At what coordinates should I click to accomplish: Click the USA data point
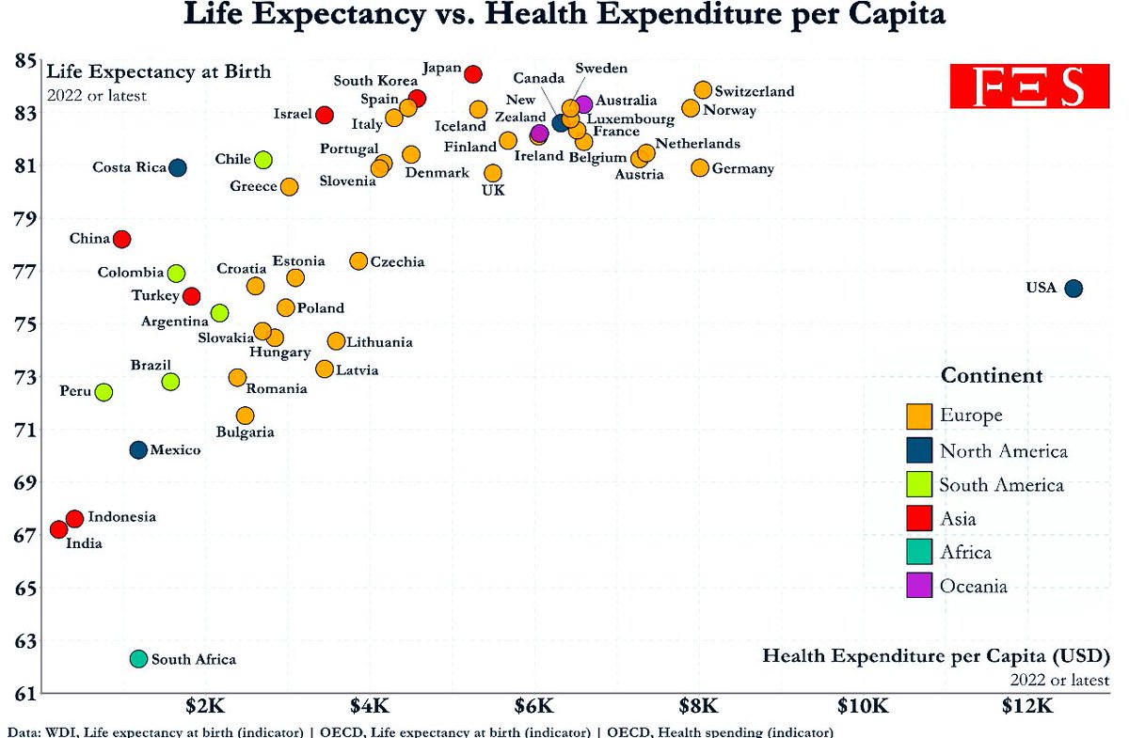coord(1073,288)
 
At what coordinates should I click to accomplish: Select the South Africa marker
coord(138,659)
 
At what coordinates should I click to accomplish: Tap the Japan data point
coord(473,74)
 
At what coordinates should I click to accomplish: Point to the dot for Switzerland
coord(703,90)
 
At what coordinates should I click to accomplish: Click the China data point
coord(121,239)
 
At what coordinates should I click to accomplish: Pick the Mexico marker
coord(138,450)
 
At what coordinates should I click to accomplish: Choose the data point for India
coord(58,530)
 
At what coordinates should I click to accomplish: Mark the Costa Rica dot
coord(177,167)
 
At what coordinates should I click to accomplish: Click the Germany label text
coord(743,169)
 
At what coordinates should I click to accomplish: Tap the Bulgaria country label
coord(245,432)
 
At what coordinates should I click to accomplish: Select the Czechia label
coord(397,262)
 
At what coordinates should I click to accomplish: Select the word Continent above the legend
coord(992,376)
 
